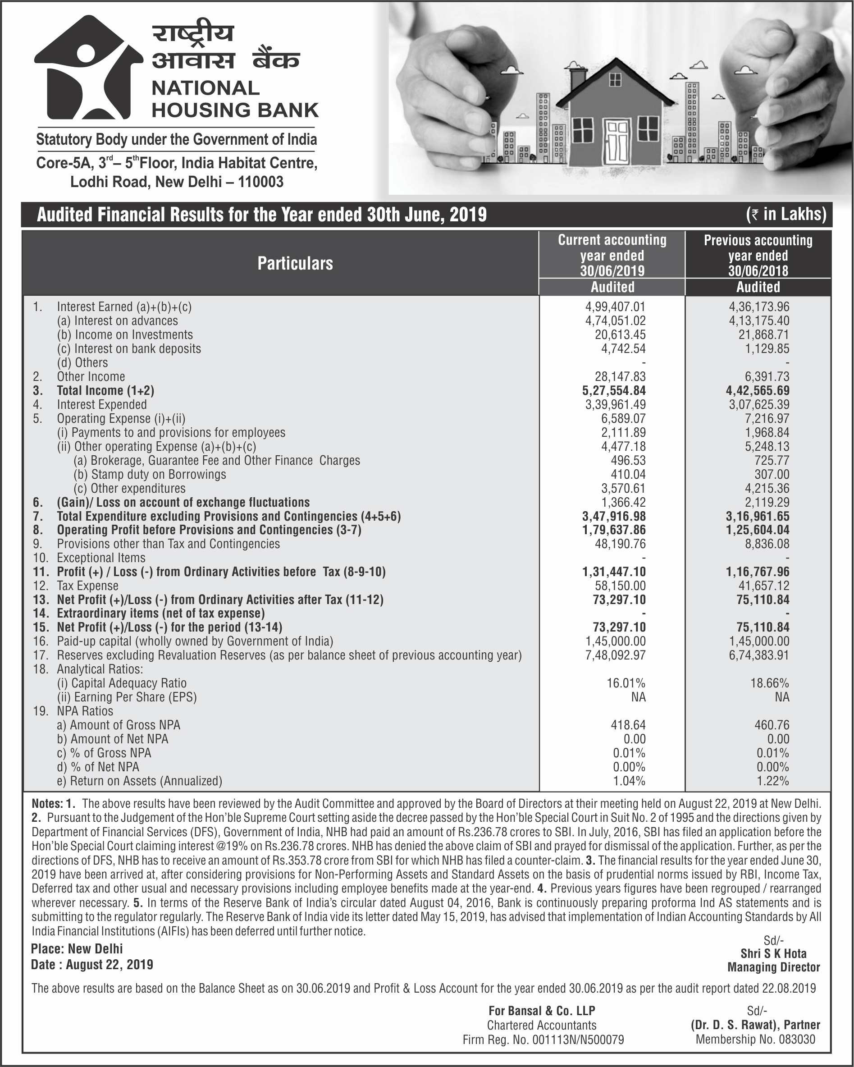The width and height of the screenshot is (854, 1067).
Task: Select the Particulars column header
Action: (x=295, y=263)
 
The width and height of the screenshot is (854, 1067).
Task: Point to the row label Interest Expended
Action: (x=101, y=404)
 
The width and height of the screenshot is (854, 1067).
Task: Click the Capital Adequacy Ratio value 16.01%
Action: (x=626, y=683)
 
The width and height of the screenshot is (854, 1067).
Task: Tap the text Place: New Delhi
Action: (x=77, y=949)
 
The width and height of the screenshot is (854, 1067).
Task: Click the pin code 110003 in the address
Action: (x=261, y=182)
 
